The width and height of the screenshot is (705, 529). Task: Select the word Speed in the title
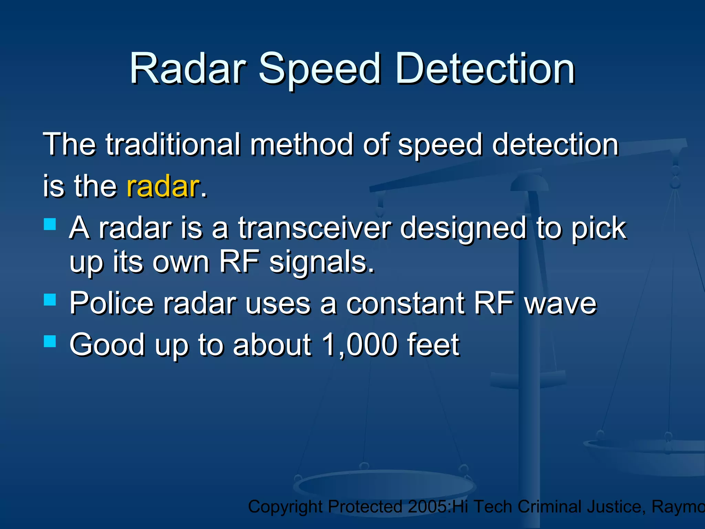point(319,69)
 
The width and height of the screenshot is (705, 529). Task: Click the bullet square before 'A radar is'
point(50,224)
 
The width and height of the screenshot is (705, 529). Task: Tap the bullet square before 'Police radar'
point(50,300)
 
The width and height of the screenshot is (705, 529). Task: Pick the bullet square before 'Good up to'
point(50,341)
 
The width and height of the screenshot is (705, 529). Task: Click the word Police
point(111,303)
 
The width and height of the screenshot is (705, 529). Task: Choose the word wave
point(560,304)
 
